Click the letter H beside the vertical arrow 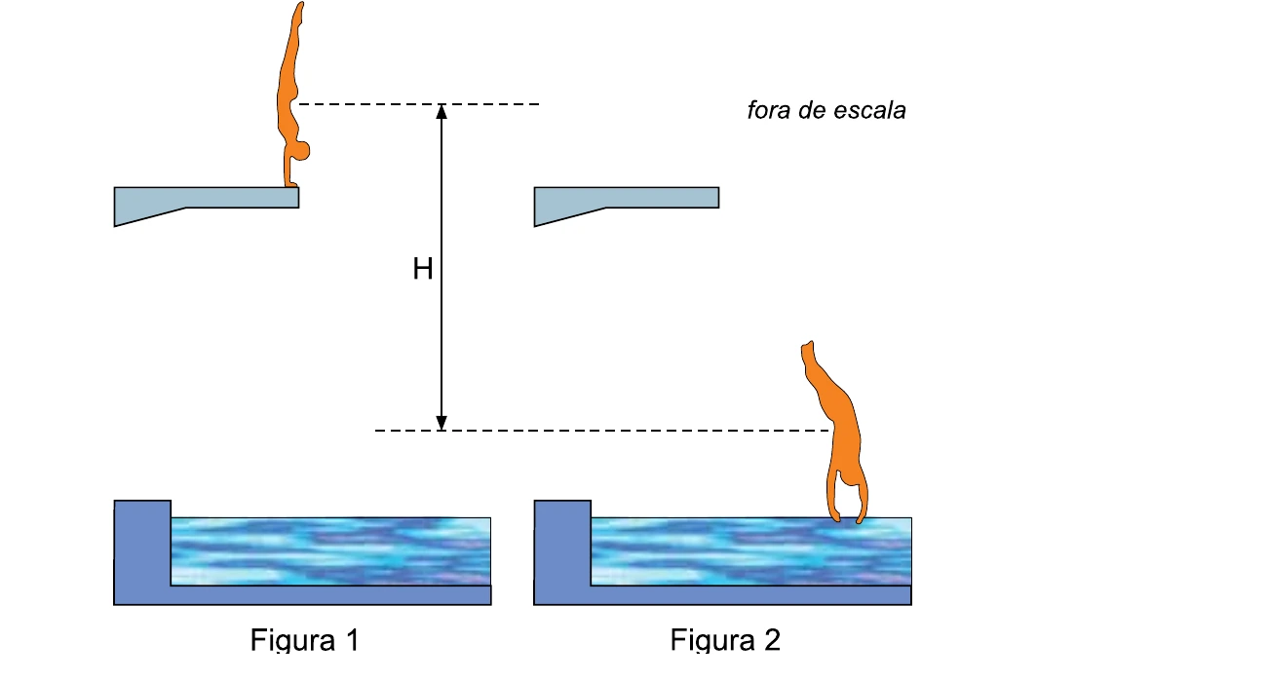tap(423, 269)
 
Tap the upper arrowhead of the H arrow tap(442, 111)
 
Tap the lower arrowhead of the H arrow tap(442, 423)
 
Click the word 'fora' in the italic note tap(769, 110)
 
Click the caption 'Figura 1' tap(304, 640)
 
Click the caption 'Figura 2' tap(725, 640)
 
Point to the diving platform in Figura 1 tap(207, 201)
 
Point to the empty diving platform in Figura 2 tap(627, 201)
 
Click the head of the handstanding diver tap(300, 151)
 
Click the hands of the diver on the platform tap(291, 182)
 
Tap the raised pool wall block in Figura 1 tap(142, 543)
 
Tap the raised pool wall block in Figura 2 tap(562, 543)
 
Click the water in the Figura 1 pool tap(331, 551)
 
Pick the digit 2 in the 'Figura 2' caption tap(772, 639)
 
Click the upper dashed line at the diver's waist tap(418, 104)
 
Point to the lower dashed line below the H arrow tap(603, 431)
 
